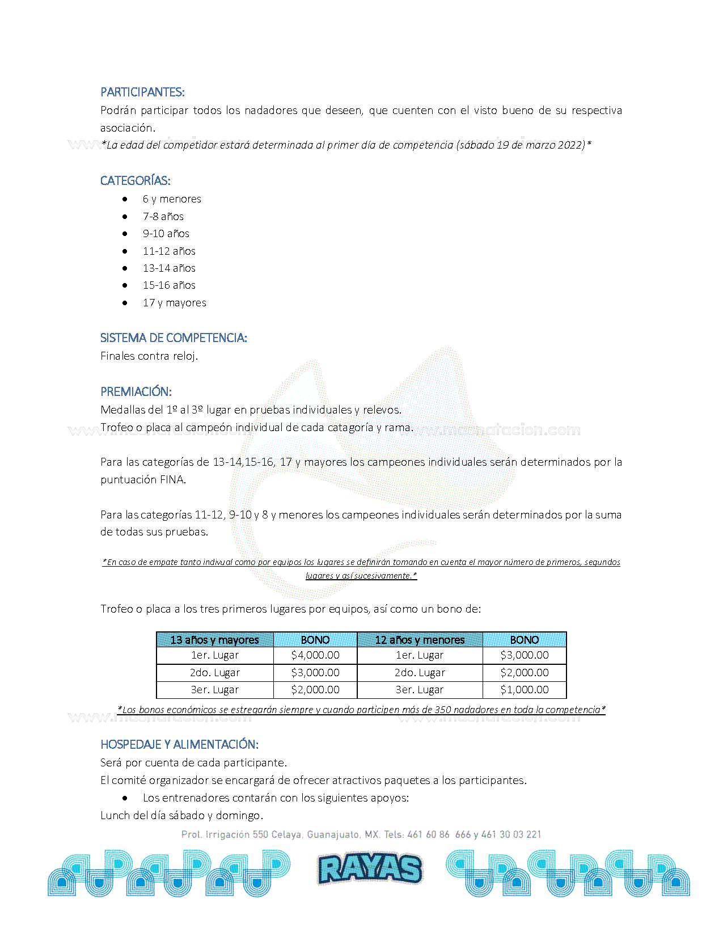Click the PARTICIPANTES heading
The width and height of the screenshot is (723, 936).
pos(142,92)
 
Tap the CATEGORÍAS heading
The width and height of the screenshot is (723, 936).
pos(135,180)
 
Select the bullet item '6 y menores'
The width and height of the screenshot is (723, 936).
pos(172,199)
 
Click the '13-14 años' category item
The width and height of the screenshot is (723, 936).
pos(169,268)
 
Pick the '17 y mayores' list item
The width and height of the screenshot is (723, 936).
pos(174,303)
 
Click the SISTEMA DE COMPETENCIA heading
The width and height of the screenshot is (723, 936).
pos(174,338)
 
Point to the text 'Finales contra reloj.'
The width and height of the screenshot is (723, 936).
pos(149,356)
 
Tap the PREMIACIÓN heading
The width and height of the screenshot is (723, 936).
pos(136,391)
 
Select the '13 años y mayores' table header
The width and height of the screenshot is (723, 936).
pos(214,640)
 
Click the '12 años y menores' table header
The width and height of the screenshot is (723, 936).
pos(420,640)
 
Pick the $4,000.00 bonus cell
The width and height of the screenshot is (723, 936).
pos(315,655)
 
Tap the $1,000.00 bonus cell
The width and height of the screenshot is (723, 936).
pos(525,690)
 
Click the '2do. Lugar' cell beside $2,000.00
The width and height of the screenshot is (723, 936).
pos(420,673)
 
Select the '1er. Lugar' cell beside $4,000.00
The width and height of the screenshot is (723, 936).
pos(215,655)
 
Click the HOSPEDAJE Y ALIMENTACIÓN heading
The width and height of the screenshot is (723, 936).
pos(179,744)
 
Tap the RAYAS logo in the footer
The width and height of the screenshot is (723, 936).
pos(370,868)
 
